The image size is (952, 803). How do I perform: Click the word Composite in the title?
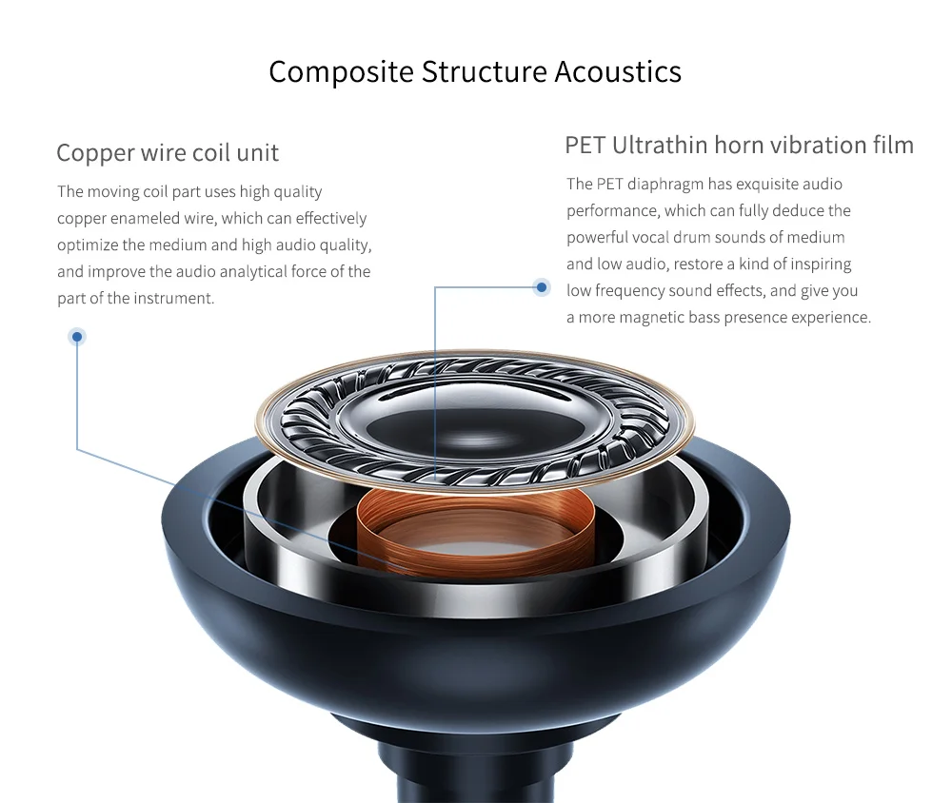(x=341, y=72)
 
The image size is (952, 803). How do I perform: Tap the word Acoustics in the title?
(x=618, y=71)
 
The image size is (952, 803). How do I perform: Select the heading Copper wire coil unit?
(x=168, y=153)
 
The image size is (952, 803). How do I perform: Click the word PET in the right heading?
(x=585, y=145)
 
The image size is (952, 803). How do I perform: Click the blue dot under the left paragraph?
(x=77, y=336)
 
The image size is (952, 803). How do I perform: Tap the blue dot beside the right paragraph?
(x=542, y=286)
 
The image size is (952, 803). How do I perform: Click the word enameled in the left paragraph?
(x=145, y=218)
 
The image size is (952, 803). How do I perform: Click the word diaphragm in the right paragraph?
(x=665, y=185)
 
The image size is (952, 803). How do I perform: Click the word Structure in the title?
(x=484, y=71)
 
